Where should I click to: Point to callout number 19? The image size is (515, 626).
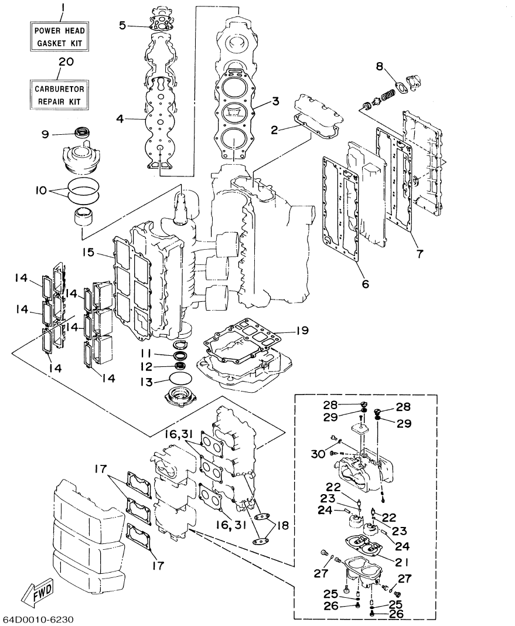click(301, 331)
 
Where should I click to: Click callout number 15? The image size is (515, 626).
click(88, 253)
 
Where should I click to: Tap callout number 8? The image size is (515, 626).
click(380, 66)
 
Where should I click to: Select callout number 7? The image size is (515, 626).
click(419, 254)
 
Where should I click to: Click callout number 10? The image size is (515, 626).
click(43, 191)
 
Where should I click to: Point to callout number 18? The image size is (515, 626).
click(284, 526)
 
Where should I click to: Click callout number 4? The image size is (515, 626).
click(120, 118)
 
